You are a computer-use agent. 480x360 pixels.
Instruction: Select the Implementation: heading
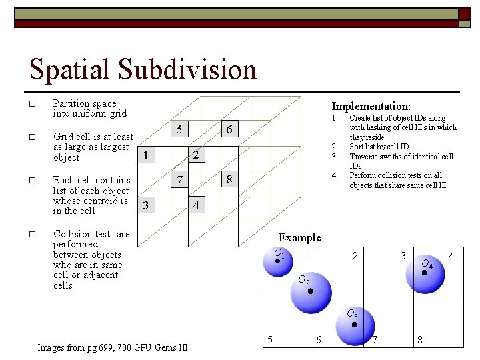pos(371,106)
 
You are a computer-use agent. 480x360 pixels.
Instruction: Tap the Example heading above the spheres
pos(299,237)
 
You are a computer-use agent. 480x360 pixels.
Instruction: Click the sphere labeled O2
pos(311,293)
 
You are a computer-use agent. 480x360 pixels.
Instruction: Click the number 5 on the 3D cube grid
pos(179,129)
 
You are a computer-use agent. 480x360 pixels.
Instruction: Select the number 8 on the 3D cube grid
pos(229,179)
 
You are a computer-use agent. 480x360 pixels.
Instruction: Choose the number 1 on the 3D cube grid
pos(145,156)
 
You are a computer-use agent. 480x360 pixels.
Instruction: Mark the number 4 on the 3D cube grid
pos(195,205)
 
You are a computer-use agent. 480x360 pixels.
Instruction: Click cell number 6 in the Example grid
pos(318,340)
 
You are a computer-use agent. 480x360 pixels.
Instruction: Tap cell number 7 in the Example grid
pos(375,340)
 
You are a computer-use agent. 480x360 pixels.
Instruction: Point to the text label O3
pos(351,314)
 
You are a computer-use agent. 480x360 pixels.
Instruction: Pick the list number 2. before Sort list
pos(335,147)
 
